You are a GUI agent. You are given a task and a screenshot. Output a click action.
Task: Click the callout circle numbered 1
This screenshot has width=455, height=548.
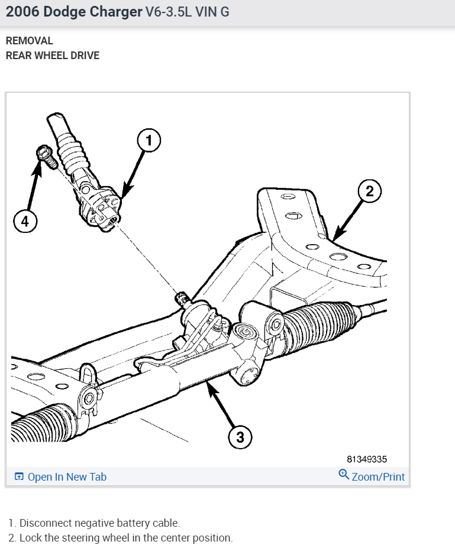tap(149, 141)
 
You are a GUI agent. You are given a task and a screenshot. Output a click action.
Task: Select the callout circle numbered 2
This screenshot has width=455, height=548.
tap(370, 191)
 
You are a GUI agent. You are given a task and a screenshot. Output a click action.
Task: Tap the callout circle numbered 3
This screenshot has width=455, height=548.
tap(240, 437)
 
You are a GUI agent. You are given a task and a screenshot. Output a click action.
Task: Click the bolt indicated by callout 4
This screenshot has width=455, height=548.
tap(45, 155)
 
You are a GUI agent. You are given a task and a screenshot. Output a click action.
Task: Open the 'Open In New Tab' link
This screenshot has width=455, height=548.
tap(67, 476)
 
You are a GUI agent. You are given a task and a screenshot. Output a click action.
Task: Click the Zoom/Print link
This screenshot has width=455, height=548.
tap(378, 476)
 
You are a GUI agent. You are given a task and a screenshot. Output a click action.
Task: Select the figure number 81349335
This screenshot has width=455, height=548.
tap(367, 459)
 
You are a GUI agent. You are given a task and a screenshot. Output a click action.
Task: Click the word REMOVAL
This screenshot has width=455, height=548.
tap(29, 41)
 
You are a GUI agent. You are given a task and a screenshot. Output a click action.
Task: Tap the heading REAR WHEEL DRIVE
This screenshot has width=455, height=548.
tap(52, 56)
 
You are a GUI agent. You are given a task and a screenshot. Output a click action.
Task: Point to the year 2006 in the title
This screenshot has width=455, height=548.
tap(20, 12)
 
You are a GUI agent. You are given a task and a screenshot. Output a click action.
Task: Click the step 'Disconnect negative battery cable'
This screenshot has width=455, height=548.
tap(99, 523)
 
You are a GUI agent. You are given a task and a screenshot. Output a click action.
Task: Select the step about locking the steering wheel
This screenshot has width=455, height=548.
tap(125, 538)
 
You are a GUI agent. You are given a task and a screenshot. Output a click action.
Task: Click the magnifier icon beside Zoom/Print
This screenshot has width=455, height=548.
tap(344, 475)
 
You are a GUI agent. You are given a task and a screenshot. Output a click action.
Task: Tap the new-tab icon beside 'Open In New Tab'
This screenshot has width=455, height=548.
tap(19, 476)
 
